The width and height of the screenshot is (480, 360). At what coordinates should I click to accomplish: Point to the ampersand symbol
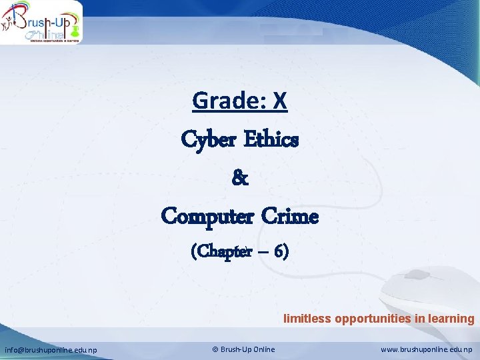240,178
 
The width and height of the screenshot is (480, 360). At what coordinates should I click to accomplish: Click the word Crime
290,216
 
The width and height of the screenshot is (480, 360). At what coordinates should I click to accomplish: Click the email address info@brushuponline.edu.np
51,349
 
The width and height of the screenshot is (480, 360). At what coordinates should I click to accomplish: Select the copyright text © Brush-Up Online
243,349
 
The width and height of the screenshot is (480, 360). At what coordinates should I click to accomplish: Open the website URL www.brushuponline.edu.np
426,349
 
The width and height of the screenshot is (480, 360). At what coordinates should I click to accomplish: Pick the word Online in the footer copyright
263,349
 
